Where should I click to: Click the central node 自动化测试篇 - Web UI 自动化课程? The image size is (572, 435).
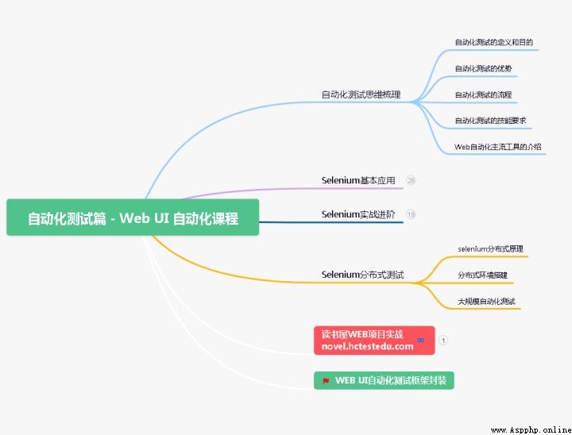[x=133, y=217]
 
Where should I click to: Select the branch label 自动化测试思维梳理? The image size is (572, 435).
[x=361, y=94]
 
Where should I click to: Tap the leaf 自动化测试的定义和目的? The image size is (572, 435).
[x=493, y=42]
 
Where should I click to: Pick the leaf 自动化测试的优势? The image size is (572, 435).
[x=483, y=68]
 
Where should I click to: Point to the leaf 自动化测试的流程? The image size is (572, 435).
[x=483, y=94]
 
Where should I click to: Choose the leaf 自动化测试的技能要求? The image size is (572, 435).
[x=490, y=121]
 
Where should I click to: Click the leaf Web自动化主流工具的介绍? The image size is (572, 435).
[x=497, y=147]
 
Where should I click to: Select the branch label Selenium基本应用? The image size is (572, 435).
[x=358, y=180]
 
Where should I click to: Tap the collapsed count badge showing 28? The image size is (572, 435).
[x=411, y=180]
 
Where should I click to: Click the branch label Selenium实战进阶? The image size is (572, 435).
[x=358, y=214]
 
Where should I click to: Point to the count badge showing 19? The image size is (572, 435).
[x=411, y=214]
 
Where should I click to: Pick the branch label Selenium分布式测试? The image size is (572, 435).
[x=362, y=275]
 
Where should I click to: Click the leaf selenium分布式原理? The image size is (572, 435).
[x=490, y=249]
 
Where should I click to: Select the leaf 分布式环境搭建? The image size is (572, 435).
[x=482, y=275]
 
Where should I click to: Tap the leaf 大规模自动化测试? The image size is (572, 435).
[x=486, y=301]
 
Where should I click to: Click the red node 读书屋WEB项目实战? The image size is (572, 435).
[x=374, y=341]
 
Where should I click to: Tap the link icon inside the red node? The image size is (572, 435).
[x=420, y=341]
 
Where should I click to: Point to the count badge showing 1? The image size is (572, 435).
[x=443, y=341]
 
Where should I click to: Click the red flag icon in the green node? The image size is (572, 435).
[x=326, y=381]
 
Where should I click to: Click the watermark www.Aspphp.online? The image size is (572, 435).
[x=531, y=430]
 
